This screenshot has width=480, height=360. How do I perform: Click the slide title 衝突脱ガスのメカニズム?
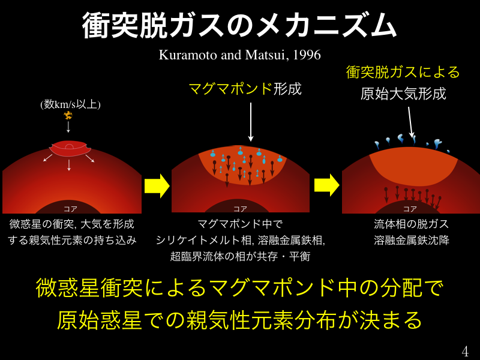click(240, 25)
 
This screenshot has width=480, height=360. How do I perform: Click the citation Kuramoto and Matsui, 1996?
click(240, 55)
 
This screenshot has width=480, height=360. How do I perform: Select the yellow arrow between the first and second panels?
click(157, 185)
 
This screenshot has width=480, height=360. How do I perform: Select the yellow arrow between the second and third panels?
click(326, 185)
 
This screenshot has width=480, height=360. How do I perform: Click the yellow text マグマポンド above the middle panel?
click(230, 89)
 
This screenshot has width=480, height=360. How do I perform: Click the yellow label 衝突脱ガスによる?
click(403, 72)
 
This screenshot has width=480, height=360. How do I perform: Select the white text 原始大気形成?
click(403, 94)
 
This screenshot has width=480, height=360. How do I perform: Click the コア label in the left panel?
click(70, 209)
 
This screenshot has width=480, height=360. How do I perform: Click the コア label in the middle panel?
click(240, 209)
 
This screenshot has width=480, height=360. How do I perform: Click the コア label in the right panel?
click(410, 209)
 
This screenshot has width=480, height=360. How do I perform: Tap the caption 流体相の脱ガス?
click(411, 224)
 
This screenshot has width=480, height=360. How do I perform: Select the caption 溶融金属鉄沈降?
click(411, 240)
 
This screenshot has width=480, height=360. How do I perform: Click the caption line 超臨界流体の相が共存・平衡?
click(240, 256)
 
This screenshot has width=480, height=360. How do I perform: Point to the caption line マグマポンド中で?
click(240, 224)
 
